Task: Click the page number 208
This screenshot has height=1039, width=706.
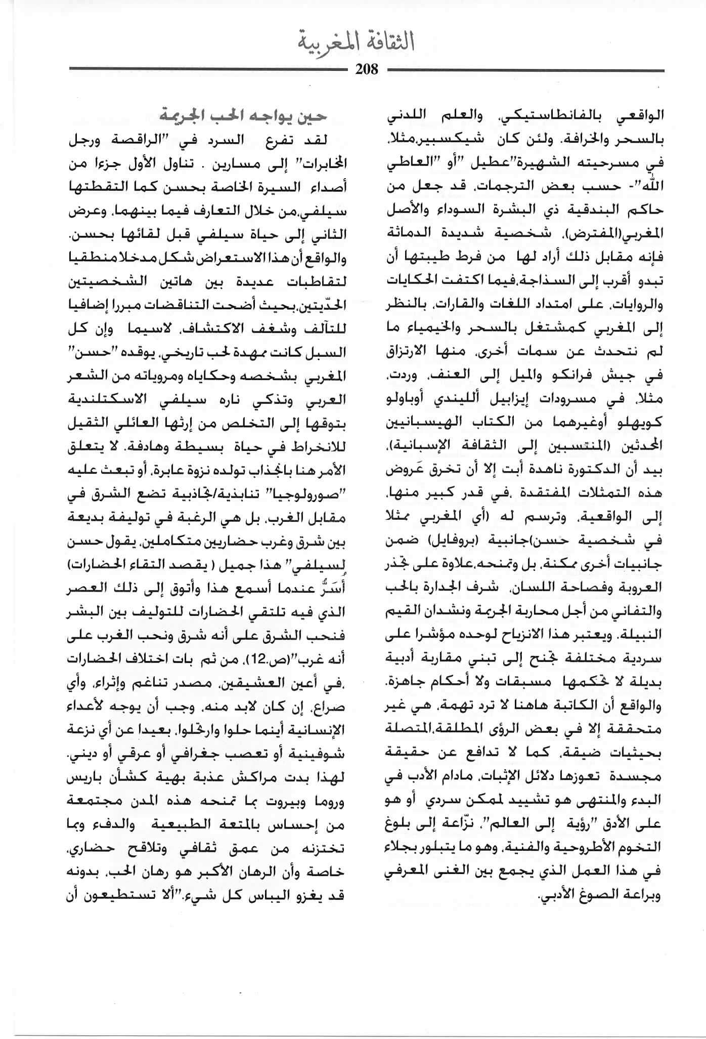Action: pyautogui.click(x=367, y=69)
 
